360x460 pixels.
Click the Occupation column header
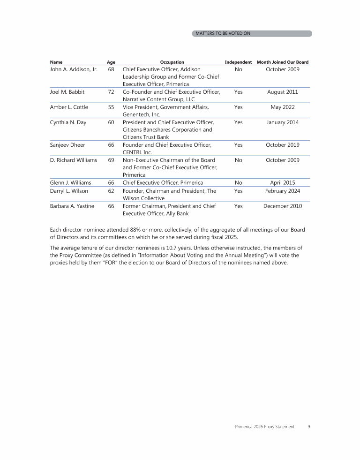(172, 62)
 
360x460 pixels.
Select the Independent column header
(238, 62)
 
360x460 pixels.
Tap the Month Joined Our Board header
(283, 62)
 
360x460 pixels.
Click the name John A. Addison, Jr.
(74, 69)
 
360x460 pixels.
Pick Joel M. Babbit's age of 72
(111, 92)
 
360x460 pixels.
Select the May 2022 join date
(283, 107)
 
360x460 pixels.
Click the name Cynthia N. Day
(68, 122)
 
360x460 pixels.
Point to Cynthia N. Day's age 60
(111, 122)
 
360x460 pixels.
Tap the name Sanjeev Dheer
(67, 145)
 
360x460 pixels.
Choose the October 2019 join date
(283, 145)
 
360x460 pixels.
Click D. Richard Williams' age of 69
(111, 160)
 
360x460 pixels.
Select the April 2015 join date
(283, 183)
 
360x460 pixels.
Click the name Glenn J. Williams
(70, 183)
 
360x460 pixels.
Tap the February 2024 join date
(283, 191)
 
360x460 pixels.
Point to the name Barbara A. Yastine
(72, 206)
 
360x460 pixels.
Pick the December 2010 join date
(283, 206)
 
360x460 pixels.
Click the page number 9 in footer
(308, 427)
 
